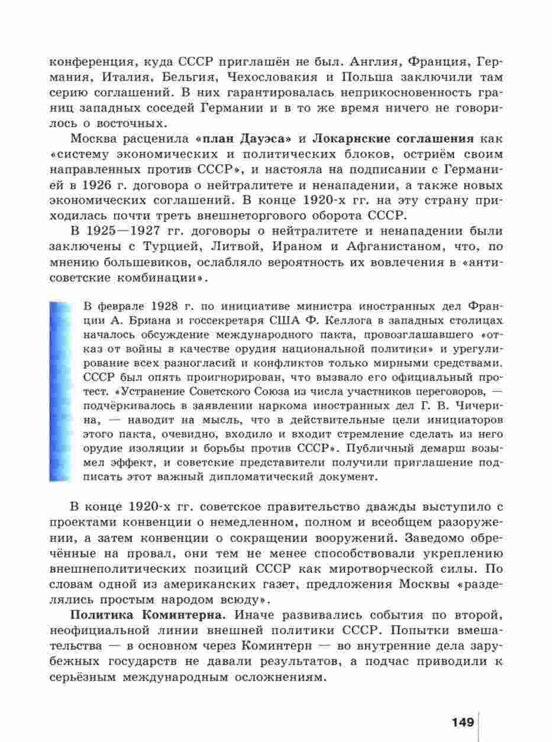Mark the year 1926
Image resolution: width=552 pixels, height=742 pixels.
point(99,185)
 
